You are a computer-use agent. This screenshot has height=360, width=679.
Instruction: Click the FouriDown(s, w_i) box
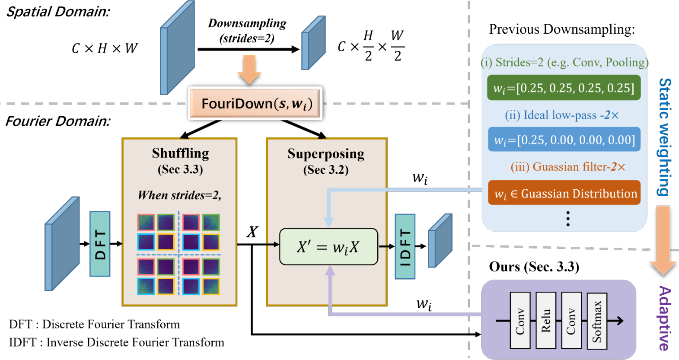[x=255, y=104]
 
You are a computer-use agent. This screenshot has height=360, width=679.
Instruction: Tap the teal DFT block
[x=100, y=244]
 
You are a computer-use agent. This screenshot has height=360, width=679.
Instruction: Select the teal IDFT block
[x=405, y=246]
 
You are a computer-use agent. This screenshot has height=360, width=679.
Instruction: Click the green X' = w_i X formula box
[x=328, y=247]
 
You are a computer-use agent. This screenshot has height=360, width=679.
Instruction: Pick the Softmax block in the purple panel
[x=597, y=321]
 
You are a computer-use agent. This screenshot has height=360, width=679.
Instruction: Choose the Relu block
[x=545, y=321]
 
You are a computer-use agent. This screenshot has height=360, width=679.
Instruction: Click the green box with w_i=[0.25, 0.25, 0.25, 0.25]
[x=564, y=88]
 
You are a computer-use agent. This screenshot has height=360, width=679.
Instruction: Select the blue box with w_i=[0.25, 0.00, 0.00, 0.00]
[x=564, y=140]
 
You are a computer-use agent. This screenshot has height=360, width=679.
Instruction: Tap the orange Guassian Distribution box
[x=564, y=193]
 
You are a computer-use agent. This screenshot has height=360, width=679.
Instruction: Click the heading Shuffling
[x=180, y=153]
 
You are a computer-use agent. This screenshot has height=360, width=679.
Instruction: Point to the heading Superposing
[x=326, y=154]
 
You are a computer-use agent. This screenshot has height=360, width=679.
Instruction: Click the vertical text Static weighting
[x=664, y=137]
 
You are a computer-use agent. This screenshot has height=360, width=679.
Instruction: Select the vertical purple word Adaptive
[x=664, y=318]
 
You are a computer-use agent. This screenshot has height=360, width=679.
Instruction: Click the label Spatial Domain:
[x=58, y=12]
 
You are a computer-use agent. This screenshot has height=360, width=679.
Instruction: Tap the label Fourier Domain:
[x=58, y=121]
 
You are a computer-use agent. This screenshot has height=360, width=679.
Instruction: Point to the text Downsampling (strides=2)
[x=247, y=31]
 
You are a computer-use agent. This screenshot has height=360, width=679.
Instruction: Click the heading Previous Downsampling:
[x=562, y=29]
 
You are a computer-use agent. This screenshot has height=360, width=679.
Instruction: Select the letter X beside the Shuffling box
[x=252, y=232]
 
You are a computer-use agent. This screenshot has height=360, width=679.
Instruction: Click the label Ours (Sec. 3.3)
[x=534, y=267]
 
